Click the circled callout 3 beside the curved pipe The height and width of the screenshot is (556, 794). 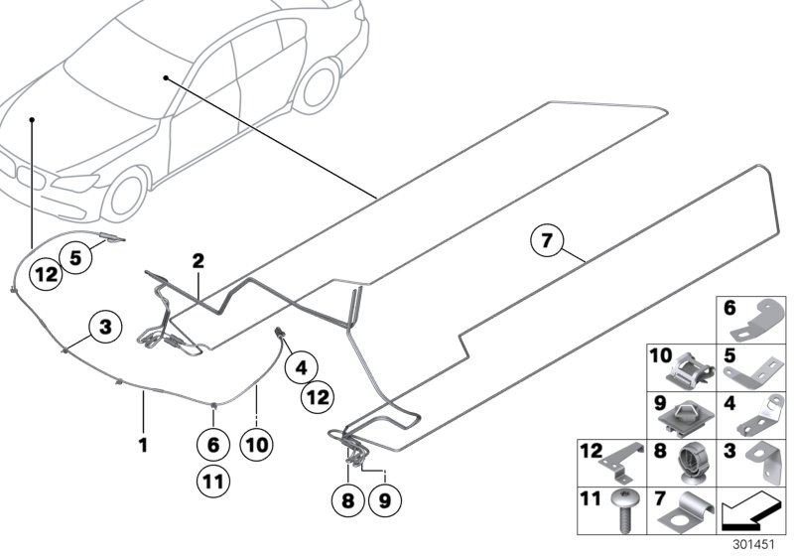click(105, 326)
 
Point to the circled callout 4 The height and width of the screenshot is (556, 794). click(300, 368)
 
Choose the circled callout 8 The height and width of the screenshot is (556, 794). click(346, 501)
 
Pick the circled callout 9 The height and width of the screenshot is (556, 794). click(384, 501)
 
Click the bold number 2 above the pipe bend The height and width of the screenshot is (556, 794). click(198, 261)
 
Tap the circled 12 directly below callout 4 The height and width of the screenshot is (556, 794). click(318, 397)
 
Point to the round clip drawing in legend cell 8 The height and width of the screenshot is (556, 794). click(692, 463)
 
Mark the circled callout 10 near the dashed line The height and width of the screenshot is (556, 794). click(257, 446)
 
